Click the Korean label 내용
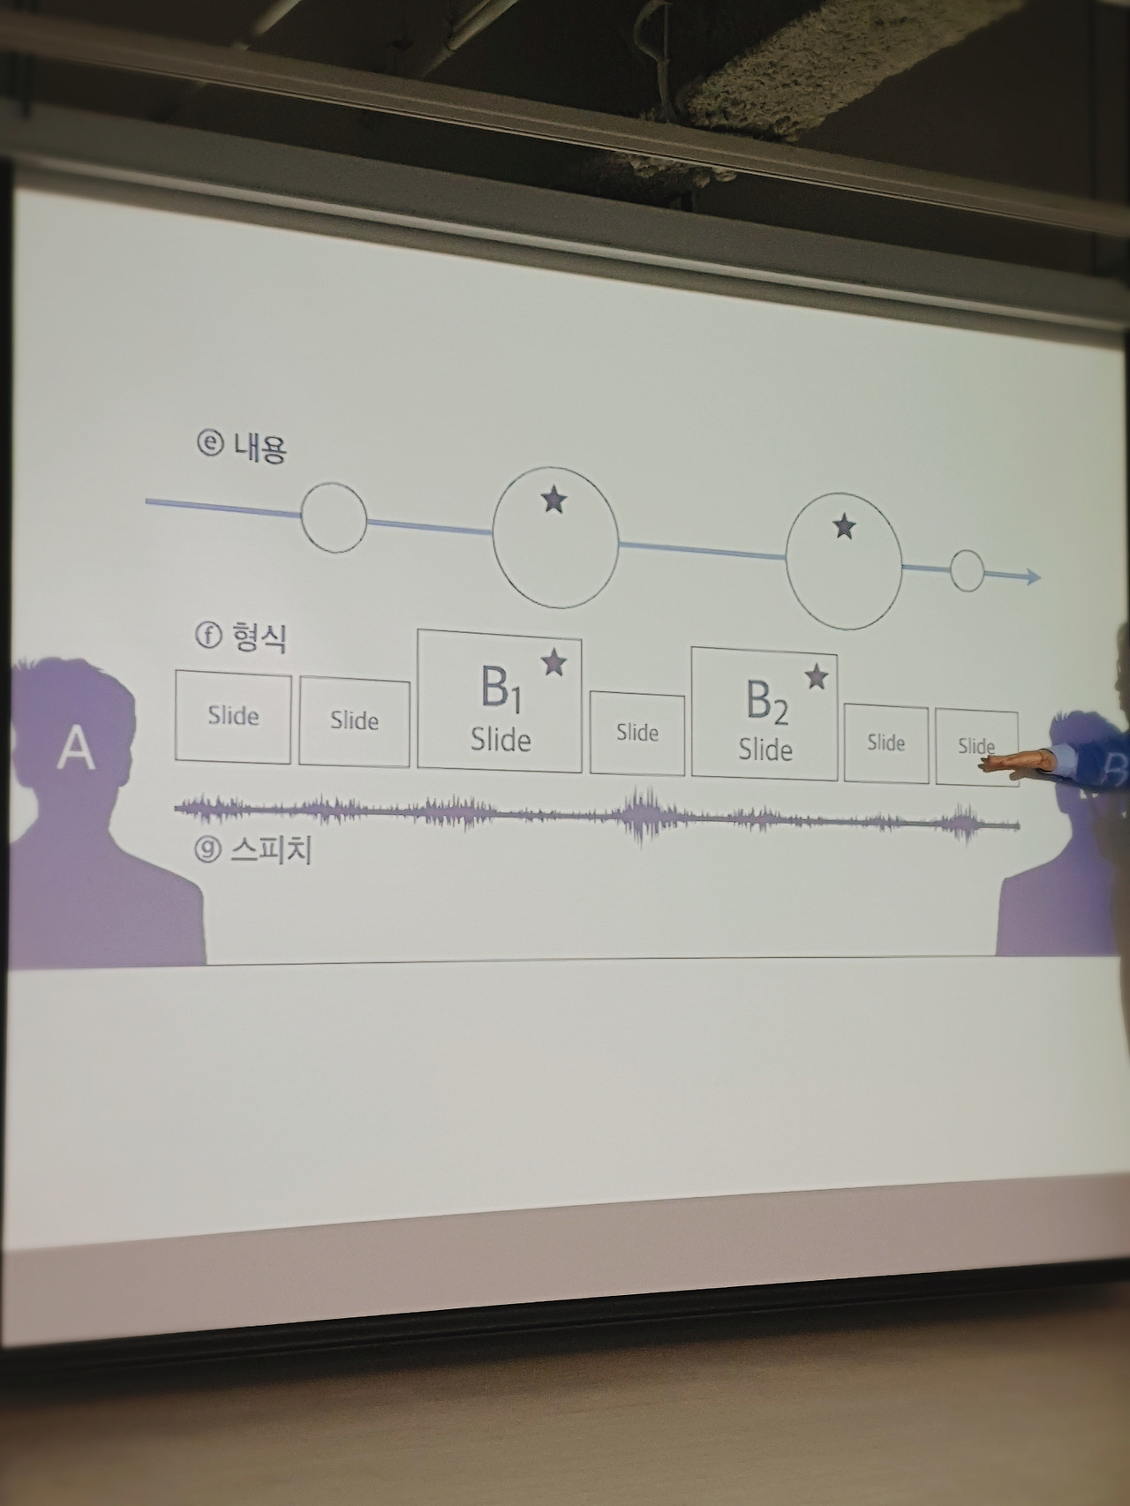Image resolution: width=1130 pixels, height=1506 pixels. click(260, 448)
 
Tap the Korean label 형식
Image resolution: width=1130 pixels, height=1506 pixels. click(259, 636)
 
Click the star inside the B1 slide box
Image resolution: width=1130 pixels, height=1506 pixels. click(554, 662)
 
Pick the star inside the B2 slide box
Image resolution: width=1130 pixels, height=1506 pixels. click(817, 677)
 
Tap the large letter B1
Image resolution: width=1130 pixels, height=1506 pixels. click(500, 689)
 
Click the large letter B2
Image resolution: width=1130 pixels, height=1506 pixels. click(765, 702)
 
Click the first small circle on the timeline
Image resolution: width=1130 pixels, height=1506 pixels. click(334, 517)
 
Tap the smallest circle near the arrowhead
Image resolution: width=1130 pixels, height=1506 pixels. click(967, 571)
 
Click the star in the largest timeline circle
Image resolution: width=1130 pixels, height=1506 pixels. click(554, 500)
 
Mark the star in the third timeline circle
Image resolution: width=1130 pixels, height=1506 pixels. click(845, 527)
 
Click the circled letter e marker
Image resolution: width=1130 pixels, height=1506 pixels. click(210, 442)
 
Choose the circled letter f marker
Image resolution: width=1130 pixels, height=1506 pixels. click(208, 635)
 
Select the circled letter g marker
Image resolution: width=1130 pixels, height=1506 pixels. click(207, 849)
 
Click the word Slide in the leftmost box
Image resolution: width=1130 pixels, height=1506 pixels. click(233, 715)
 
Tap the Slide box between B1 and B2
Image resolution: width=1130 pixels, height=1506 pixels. click(637, 733)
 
